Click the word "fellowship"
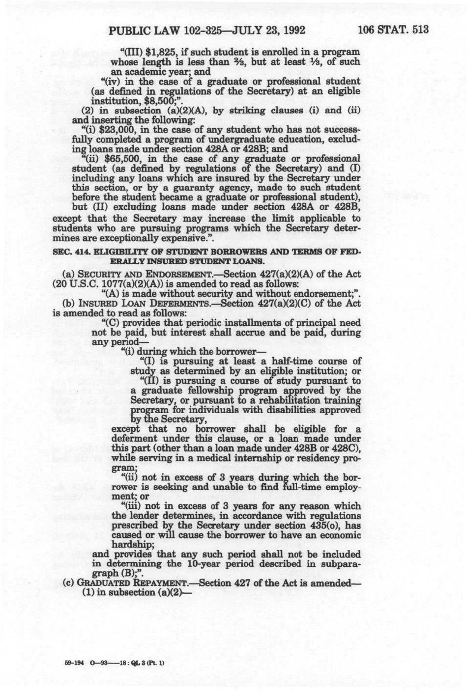[205, 391]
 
